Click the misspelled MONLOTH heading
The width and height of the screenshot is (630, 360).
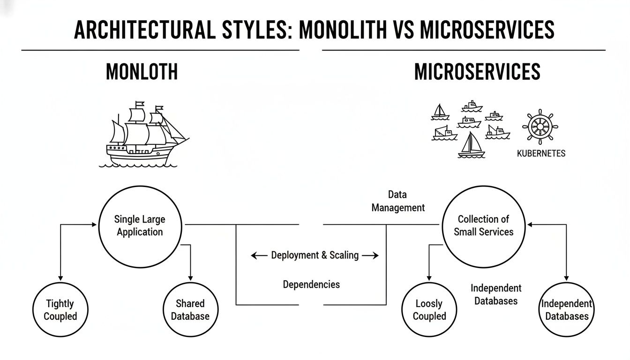[x=142, y=72]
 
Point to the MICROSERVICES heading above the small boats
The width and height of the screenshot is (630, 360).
[x=477, y=72]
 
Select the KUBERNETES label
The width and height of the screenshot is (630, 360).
[x=541, y=153]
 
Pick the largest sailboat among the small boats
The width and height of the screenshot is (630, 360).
[x=471, y=145]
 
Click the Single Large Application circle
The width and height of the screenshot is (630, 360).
[x=140, y=225]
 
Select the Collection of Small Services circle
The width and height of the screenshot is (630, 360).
[x=484, y=225]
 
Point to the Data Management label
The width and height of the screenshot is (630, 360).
[x=398, y=201]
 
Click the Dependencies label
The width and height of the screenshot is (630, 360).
[x=311, y=284]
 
